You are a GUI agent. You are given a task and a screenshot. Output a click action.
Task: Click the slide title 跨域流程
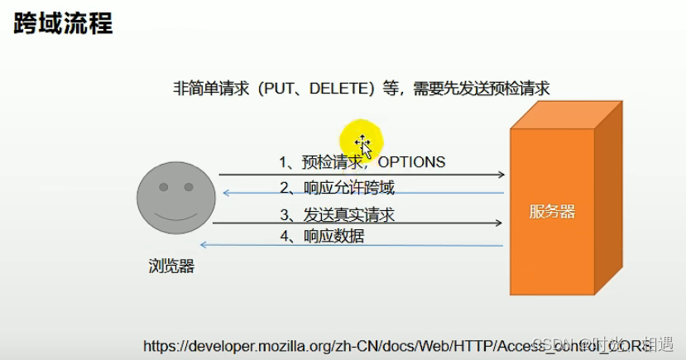coord(63,22)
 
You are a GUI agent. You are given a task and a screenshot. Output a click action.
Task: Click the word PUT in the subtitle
coord(277,89)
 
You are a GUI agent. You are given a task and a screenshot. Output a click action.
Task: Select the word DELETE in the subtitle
coord(335,89)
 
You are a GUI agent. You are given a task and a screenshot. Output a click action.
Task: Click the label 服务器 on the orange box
coord(552,212)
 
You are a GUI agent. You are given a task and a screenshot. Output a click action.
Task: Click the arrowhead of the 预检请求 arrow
coord(501,175)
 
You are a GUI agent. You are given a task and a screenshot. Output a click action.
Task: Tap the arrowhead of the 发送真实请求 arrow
coord(498,223)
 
